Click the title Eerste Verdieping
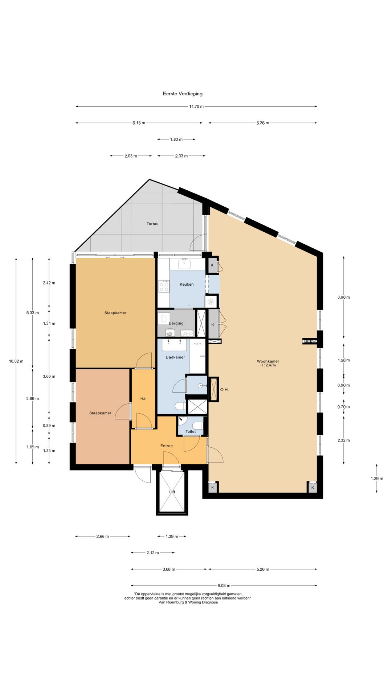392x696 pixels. pos(183,94)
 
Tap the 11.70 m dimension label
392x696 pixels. pos(196,107)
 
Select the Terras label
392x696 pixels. pos(152,224)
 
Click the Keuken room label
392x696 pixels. pos(187,284)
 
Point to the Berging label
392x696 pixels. pos(176,323)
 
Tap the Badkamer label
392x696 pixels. pos(175,357)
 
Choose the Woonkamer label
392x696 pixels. pos(268,361)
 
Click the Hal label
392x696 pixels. pos(143,398)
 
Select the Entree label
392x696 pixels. pos(167,446)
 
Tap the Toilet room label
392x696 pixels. pos(191,431)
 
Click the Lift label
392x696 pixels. pos(172,492)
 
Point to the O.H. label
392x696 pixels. pos(224,390)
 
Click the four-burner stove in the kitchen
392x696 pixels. pos(164,286)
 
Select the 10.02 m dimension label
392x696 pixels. pos(16,361)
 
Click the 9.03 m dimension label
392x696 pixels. pos(224,585)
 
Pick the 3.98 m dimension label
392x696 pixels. pos(344,297)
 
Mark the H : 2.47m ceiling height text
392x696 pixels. pos(268,365)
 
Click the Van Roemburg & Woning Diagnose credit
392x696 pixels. pos(188,602)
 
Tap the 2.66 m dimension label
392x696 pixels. pos(102,536)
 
